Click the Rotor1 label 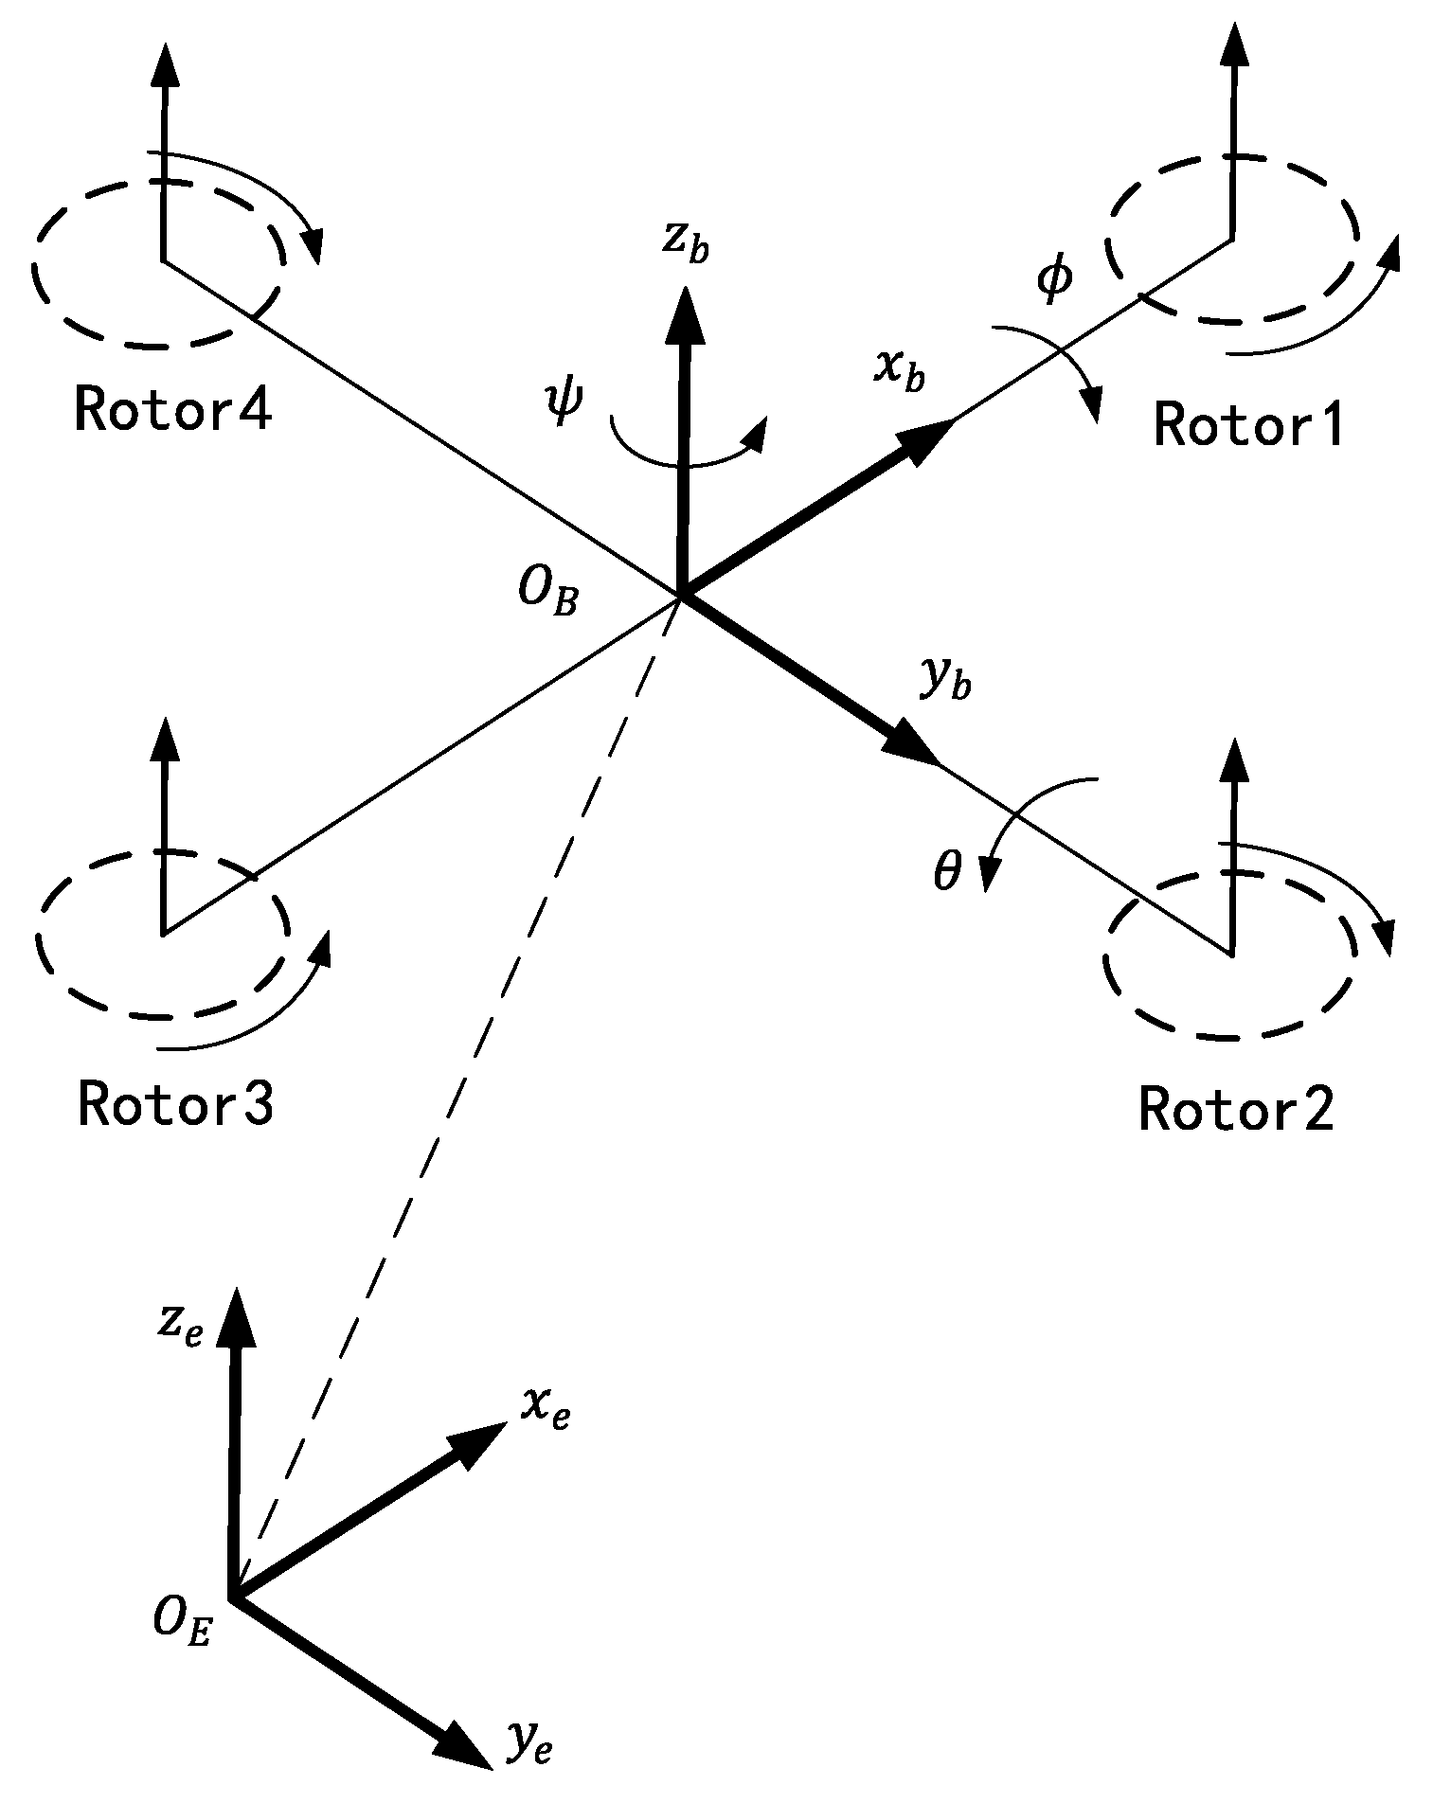[x=1248, y=425]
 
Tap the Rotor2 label [x=1235, y=1109]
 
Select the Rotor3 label [x=175, y=1104]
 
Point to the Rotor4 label [x=173, y=411]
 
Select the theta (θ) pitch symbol [x=947, y=871]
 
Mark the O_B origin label [x=547, y=595]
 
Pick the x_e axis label [x=545, y=1410]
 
